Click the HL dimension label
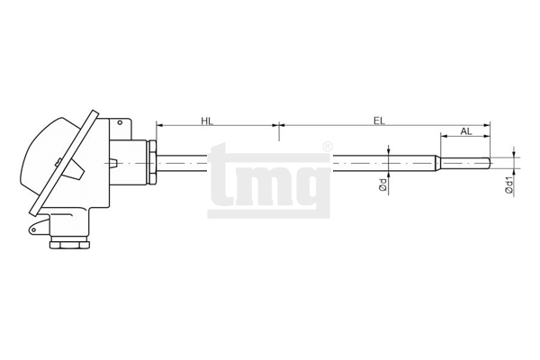click(x=207, y=121)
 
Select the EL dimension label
click(x=379, y=121)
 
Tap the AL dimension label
click(x=466, y=131)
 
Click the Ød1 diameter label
click(x=509, y=185)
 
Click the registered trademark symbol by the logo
click(x=328, y=147)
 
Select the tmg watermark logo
click(x=269, y=181)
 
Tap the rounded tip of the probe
click(x=489, y=163)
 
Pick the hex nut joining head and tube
click(x=152, y=162)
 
